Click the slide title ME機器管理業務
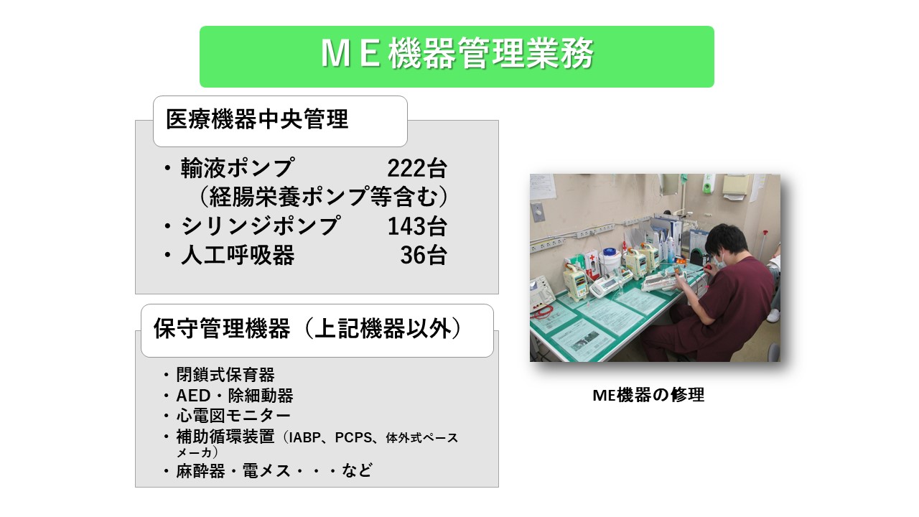pyautogui.click(x=457, y=56)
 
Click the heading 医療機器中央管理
pyautogui.click(x=257, y=119)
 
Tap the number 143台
pyautogui.click(x=416, y=226)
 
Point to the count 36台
pyautogui.click(x=423, y=256)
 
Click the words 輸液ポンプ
pyautogui.click(x=237, y=168)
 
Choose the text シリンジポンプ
pyautogui.click(x=259, y=226)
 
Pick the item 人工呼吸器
pyautogui.click(x=237, y=256)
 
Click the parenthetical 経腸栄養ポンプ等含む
pyautogui.click(x=323, y=197)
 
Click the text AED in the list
pyautogui.click(x=192, y=396)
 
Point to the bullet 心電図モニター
pyautogui.click(x=233, y=416)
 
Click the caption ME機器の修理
pyautogui.click(x=648, y=395)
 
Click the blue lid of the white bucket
pyautogui.click(x=610, y=253)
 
